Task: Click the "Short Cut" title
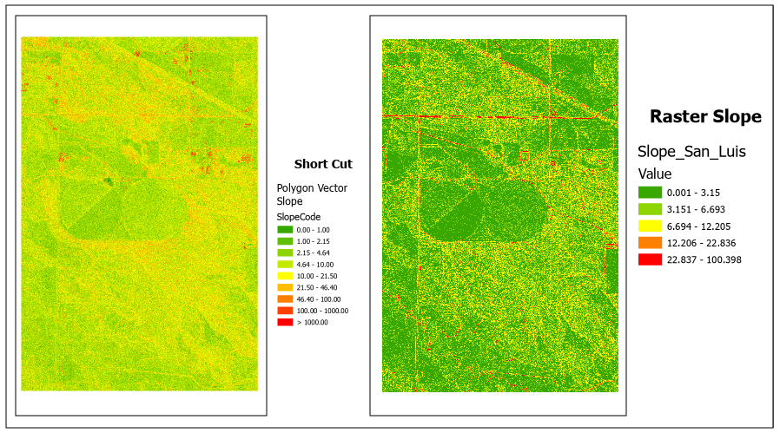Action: (x=323, y=164)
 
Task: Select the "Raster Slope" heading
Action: (x=705, y=116)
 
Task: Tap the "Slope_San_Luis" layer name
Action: (x=691, y=152)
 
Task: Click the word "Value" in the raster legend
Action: (x=655, y=174)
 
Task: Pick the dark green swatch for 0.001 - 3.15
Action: (x=650, y=193)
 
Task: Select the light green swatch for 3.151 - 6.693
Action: (x=650, y=209)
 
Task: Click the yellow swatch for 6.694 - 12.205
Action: (x=650, y=226)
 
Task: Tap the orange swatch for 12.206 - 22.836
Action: (x=650, y=242)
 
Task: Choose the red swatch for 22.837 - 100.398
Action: (x=650, y=259)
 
